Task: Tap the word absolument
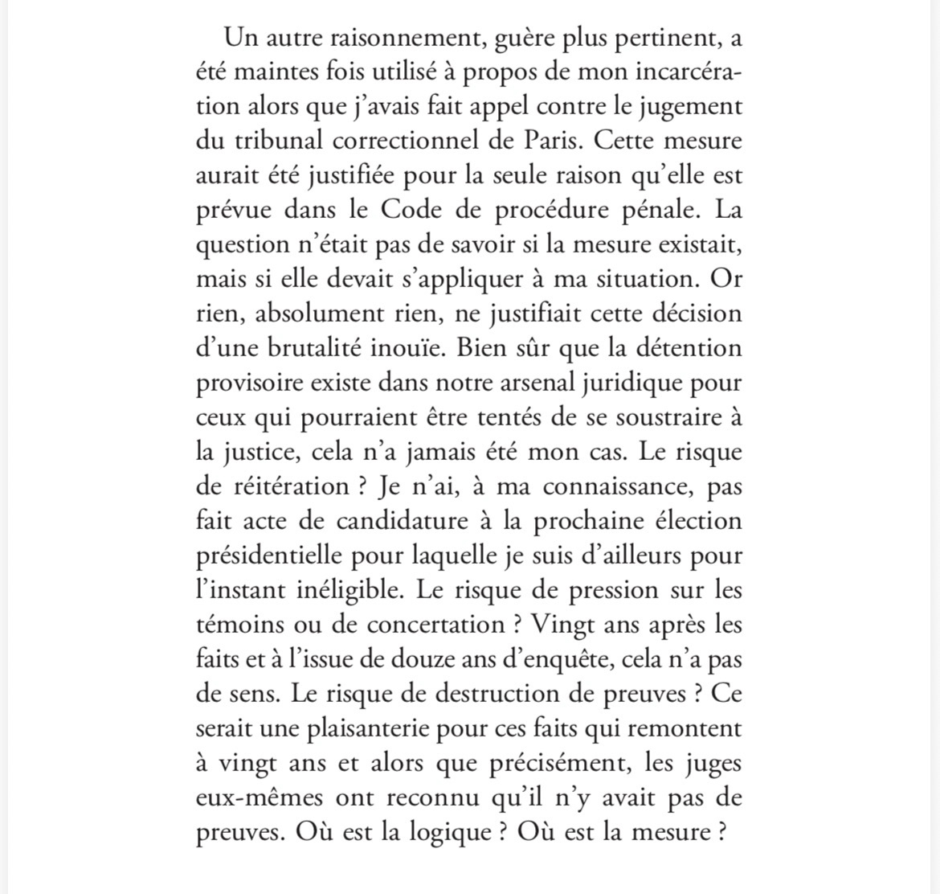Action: [337, 314]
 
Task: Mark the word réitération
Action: [289, 486]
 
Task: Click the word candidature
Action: [402, 521]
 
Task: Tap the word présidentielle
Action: [278, 556]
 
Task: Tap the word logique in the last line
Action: [446, 832]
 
